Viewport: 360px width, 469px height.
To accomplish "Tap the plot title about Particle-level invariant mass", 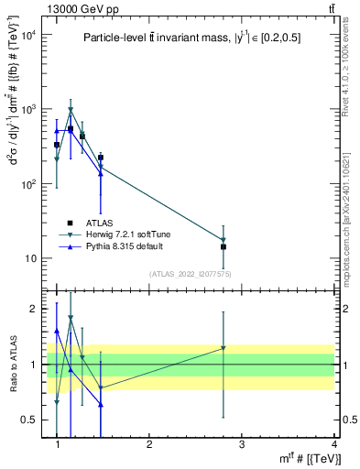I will [x=191, y=38].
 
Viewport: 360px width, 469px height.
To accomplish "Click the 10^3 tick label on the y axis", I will [x=28, y=109].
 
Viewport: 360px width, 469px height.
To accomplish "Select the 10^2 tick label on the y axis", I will [x=28, y=184].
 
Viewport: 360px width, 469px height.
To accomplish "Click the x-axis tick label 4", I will [x=333, y=443].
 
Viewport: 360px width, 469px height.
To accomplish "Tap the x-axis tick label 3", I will [x=242, y=443].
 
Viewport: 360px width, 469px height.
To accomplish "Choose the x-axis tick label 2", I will [x=149, y=443].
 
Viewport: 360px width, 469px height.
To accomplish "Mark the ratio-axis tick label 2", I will [x=32, y=309].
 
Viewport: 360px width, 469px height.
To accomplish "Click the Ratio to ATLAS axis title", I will [x=12, y=364].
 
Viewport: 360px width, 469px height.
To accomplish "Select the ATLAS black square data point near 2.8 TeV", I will [x=224, y=246].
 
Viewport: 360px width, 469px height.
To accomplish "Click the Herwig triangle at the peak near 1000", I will [x=71, y=111].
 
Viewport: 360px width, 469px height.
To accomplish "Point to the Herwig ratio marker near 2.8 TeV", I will [x=224, y=348].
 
